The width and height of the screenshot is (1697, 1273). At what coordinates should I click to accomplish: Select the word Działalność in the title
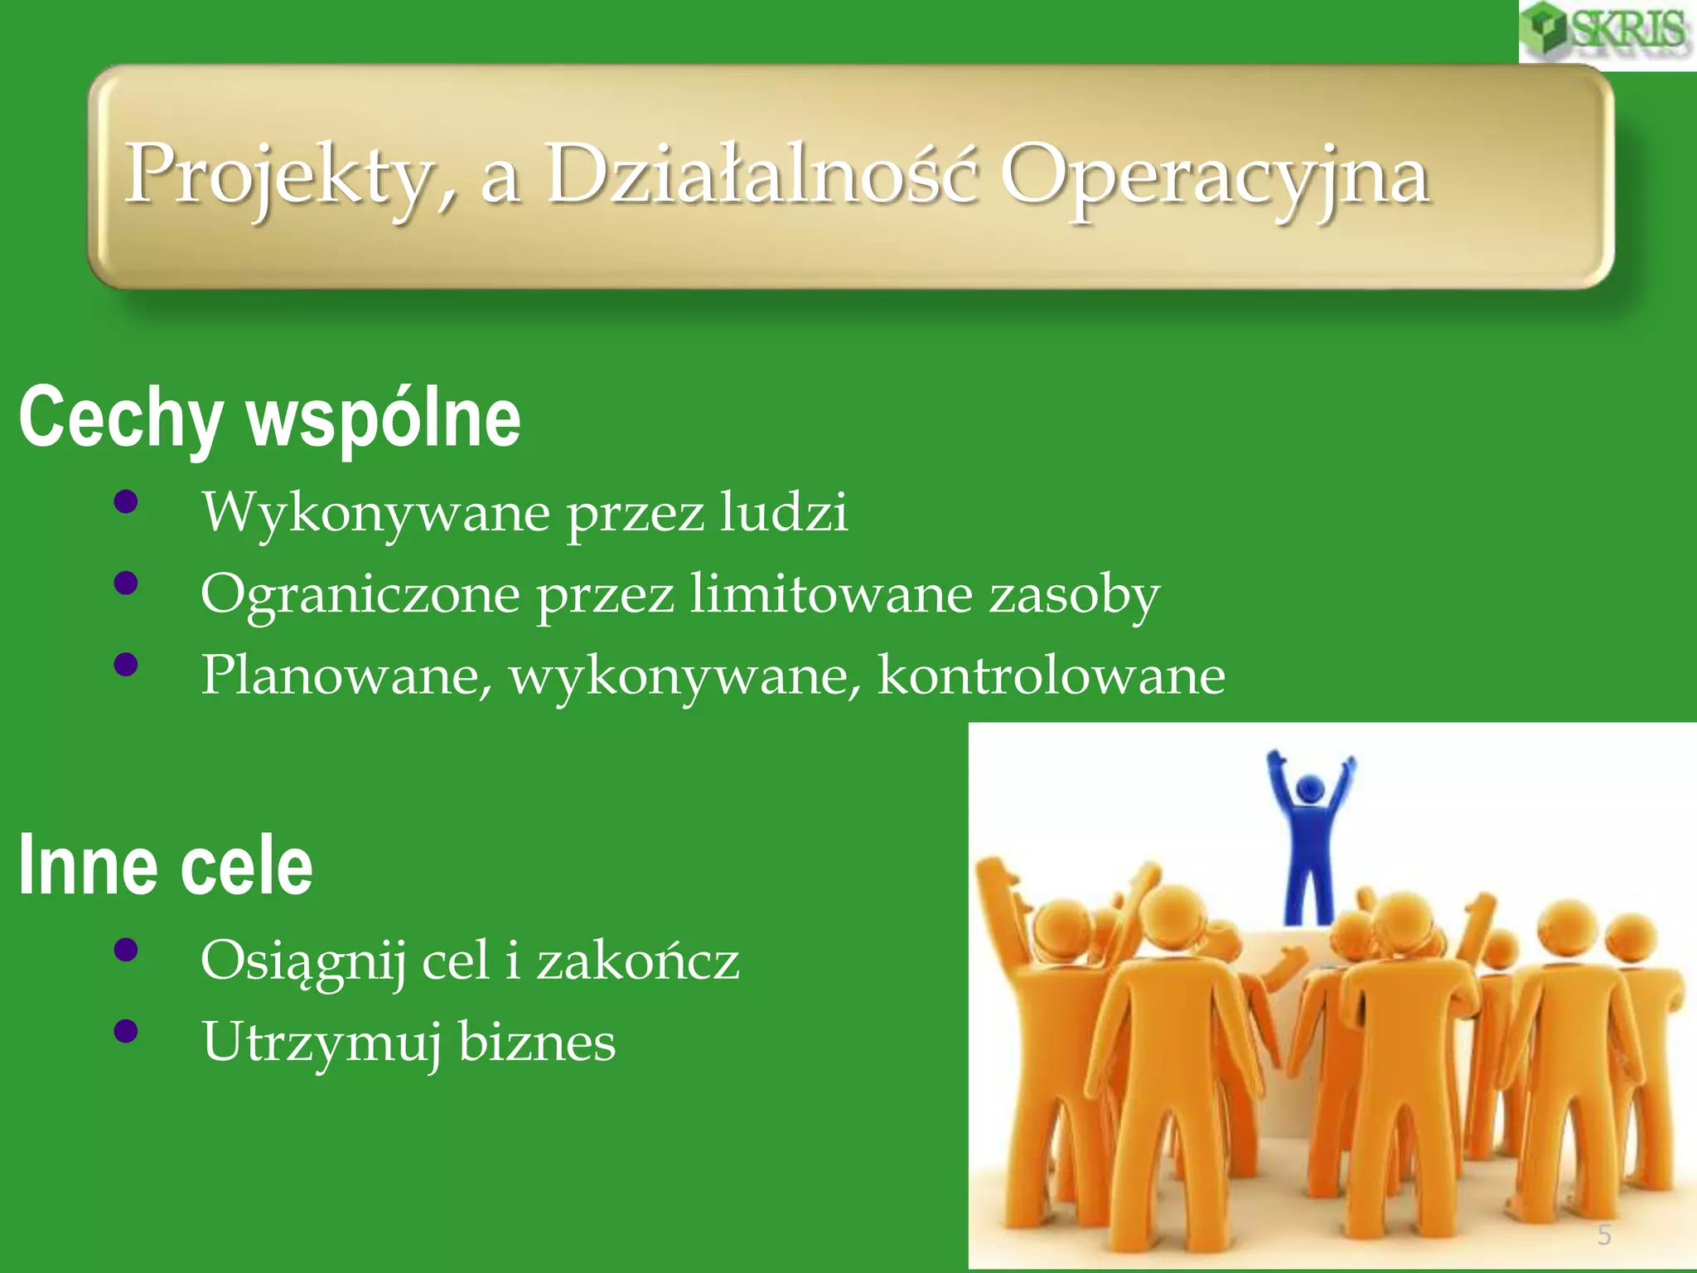click(x=761, y=174)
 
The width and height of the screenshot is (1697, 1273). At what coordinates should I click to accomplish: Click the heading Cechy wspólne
click(x=270, y=419)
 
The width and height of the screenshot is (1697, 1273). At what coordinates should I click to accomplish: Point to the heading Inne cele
click(x=166, y=866)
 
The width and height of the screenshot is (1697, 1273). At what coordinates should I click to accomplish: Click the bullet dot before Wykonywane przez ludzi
click(x=126, y=502)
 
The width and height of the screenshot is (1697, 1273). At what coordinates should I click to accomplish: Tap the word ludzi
click(x=783, y=511)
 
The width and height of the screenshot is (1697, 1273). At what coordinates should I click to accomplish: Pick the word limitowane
click(x=831, y=593)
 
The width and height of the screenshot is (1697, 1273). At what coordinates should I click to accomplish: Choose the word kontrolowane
click(x=1051, y=675)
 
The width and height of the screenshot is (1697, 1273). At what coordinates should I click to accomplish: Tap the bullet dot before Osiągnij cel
click(x=126, y=951)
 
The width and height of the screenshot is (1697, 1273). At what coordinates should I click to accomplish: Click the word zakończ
click(x=637, y=961)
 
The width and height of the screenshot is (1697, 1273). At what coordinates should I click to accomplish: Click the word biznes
click(x=537, y=1042)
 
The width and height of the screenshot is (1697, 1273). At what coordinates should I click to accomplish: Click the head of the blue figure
click(x=1309, y=787)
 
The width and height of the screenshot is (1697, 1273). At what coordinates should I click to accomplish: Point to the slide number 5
click(x=1604, y=1235)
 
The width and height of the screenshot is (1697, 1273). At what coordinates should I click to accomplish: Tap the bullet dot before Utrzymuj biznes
click(x=126, y=1032)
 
